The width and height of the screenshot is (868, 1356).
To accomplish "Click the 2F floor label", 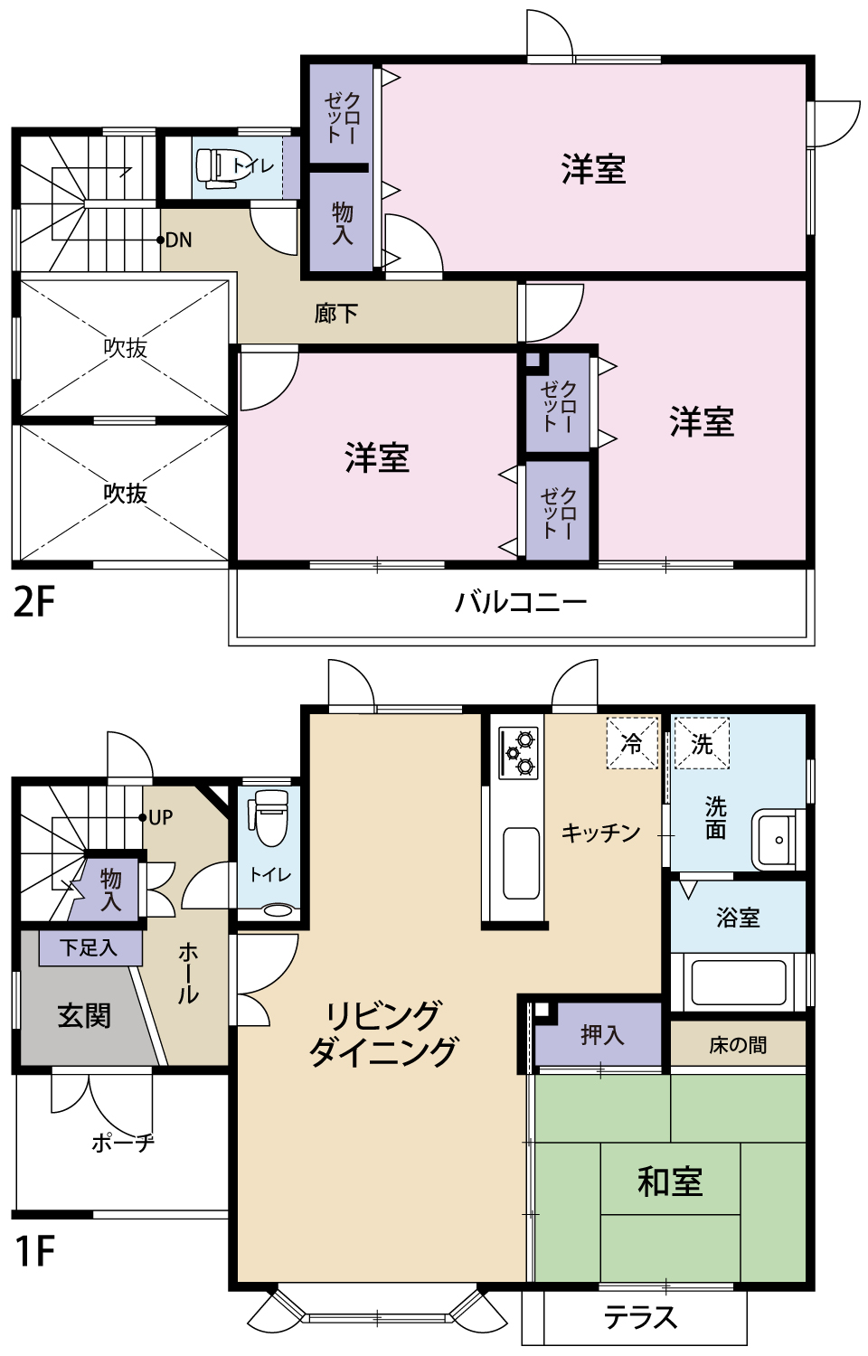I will click(x=34, y=602).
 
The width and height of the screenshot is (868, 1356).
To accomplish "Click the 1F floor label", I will click(x=34, y=1251).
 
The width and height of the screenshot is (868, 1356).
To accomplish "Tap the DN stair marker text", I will click(x=179, y=240).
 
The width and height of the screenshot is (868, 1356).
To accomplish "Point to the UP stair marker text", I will click(x=160, y=818).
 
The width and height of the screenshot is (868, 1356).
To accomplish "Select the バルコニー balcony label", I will click(x=522, y=602).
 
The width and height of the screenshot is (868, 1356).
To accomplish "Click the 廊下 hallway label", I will click(x=336, y=314).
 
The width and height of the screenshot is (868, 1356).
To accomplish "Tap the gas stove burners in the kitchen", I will click(x=519, y=753).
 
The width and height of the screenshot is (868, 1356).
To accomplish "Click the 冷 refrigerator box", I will click(x=632, y=743).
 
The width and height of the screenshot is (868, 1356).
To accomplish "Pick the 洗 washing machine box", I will click(x=702, y=743).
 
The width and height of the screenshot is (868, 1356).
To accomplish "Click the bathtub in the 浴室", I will click(x=738, y=983).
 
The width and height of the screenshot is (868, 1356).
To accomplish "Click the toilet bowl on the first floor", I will click(x=269, y=817).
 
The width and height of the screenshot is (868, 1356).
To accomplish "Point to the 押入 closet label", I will click(x=601, y=1034).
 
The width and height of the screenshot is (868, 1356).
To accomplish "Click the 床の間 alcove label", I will click(x=738, y=1045).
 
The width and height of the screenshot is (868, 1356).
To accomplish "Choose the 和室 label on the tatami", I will click(x=670, y=1182).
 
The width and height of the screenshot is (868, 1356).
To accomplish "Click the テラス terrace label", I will click(x=640, y=1317).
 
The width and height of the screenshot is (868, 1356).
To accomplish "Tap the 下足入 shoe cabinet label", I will click(x=89, y=947).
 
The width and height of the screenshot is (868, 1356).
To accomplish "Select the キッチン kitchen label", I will click(x=600, y=833).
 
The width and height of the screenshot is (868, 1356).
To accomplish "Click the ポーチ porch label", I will click(x=123, y=1143).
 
